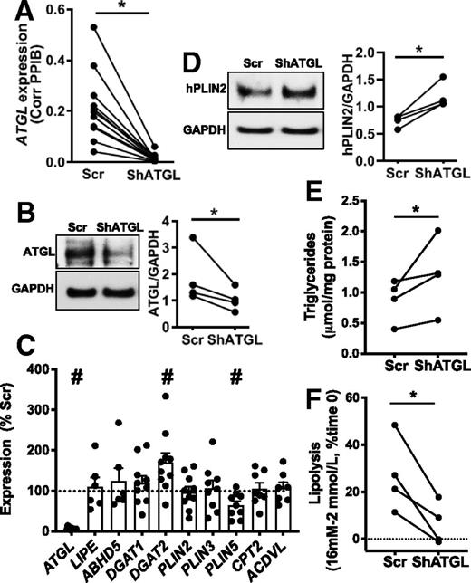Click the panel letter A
[13, 13]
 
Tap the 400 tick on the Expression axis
[59, 344]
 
